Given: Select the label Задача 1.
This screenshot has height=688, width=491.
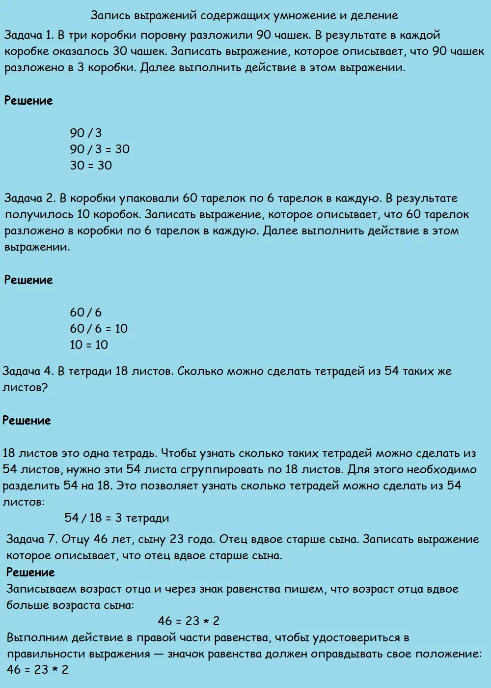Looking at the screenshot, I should click(x=28, y=35).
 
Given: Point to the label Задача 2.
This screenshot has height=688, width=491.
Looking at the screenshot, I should click(x=29, y=199).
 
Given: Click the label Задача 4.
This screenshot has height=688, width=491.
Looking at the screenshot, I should click(x=28, y=371).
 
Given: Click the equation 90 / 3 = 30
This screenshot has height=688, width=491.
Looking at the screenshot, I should click(x=100, y=149).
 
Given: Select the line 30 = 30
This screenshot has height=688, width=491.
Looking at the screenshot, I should click(x=91, y=166).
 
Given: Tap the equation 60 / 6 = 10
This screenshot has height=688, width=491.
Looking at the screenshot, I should click(x=99, y=329).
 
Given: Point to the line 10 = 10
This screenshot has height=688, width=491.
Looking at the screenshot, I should click(x=89, y=345).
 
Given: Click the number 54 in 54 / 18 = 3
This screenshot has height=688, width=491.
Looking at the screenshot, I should click(x=72, y=518).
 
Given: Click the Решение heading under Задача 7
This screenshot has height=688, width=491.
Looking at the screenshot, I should click(x=30, y=573).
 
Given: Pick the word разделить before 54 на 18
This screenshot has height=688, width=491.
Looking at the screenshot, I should click(x=30, y=486).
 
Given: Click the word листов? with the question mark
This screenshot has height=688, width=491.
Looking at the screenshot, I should click(x=25, y=387).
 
